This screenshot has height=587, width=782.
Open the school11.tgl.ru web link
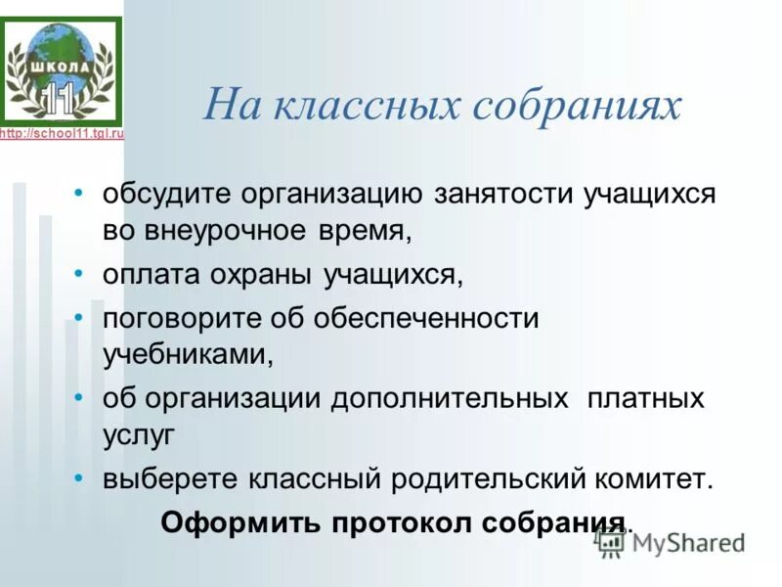pos(62,134)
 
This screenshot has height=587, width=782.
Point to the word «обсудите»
pos(166,193)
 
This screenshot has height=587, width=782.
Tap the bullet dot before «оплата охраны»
pos(79,275)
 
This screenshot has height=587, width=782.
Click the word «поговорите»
pos(184,318)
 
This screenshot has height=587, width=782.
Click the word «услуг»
pos(139,436)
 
